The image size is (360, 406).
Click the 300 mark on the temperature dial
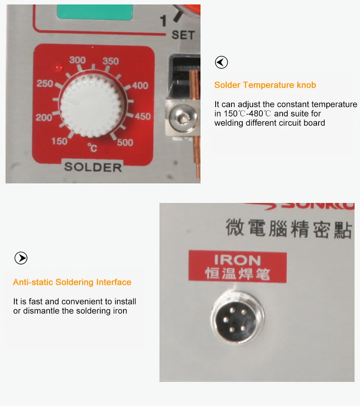tap(77, 60)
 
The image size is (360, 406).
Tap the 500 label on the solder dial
tap(125, 143)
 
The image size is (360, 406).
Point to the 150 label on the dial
tap(59, 142)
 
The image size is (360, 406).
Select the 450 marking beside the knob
tap(142, 116)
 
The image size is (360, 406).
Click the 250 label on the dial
tap(45, 84)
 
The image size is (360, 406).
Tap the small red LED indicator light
tap(58, 68)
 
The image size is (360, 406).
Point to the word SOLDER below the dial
tap(93, 167)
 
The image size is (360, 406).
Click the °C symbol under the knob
tap(92, 147)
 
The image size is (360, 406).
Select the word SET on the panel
tap(183, 35)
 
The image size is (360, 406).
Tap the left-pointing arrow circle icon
tap(221, 62)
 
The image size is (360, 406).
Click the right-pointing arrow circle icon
tap(21, 258)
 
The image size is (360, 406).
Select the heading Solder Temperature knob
tap(265, 85)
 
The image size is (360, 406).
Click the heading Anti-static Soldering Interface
tap(72, 282)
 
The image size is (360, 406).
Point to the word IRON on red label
tap(237, 260)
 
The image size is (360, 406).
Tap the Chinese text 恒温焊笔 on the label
tap(237, 274)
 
